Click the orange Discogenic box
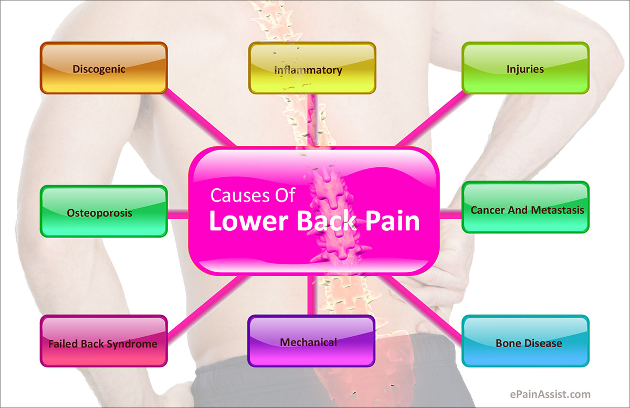pos(104,68)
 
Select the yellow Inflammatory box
pos(312,68)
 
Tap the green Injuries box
pos(526,68)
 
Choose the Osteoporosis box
pos(104,211)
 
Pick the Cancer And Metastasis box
pos(526,207)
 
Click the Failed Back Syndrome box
pos(104,341)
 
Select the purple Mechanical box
pos(311,341)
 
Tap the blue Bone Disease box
pos(526,341)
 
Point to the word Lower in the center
pos(249,221)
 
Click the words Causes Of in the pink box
pos(253,195)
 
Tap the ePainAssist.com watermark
pos(550,394)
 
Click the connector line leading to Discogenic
pos(200,118)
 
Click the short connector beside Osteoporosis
pos(178,213)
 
